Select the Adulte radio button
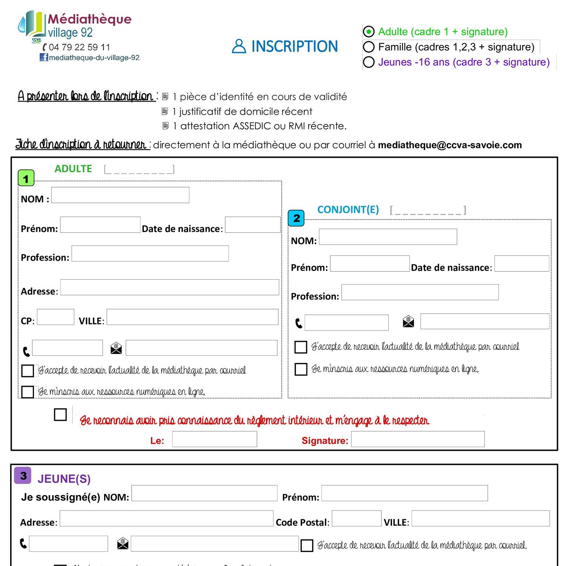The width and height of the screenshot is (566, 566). tap(368, 32)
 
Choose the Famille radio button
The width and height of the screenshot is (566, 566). tap(368, 47)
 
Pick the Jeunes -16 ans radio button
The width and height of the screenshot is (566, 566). tap(368, 62)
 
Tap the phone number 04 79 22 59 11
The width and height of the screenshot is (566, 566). tap(79, 47)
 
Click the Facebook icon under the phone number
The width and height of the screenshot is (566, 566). tap(44, 57)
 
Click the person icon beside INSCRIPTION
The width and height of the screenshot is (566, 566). tap(238, 46)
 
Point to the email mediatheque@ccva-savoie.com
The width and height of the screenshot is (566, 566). tap(450, 145)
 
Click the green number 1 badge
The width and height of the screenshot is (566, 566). tap(26, 178)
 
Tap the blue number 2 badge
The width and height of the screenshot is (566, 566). tap(296, 218)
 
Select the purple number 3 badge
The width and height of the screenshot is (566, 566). tap(23, 475)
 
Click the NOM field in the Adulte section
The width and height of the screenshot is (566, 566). tap(120, 195)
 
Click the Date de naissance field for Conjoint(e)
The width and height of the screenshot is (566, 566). tap(521, 263)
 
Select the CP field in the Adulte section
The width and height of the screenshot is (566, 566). tap(55, 317)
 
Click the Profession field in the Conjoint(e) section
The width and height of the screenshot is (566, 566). tap(420, 292)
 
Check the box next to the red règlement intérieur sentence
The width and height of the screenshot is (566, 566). tap(60, 414)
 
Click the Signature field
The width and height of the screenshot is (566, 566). tap(418, 439)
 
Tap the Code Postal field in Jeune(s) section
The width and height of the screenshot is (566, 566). tap(356, 518)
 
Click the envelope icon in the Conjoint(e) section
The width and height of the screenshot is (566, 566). tap(408, 321)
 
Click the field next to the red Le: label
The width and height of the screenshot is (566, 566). tap(214, 439)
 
